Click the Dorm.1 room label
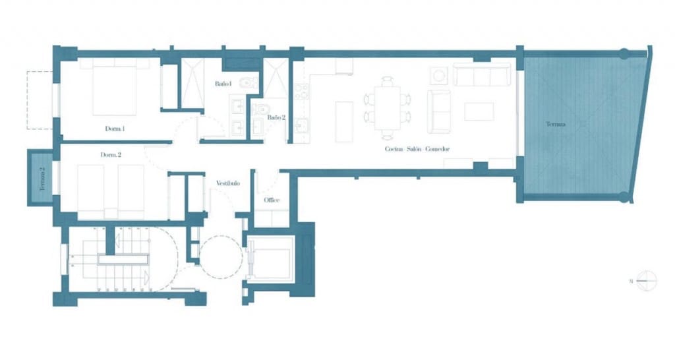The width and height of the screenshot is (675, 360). point(115,129)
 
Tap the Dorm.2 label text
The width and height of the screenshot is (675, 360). point(110,155)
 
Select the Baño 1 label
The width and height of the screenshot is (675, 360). point(222,84)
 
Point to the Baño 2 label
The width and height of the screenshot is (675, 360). point(276,117)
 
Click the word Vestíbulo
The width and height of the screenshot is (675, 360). point(227,183)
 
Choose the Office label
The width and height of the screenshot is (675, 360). point(272,200)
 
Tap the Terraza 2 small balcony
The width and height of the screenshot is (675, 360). point(40,177)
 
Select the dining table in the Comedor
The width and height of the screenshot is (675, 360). point(388,107)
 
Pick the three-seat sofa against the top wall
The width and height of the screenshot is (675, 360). point(483,75)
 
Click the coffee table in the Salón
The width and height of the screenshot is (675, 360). point(479,111)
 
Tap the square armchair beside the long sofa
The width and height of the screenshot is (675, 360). point(439,75)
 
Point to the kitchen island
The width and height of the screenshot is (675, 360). point(343,121)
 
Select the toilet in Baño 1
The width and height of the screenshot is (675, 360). point(246,84)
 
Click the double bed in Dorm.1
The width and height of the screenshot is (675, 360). point(114,89)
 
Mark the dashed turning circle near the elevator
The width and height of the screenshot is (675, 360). point(221,256)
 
